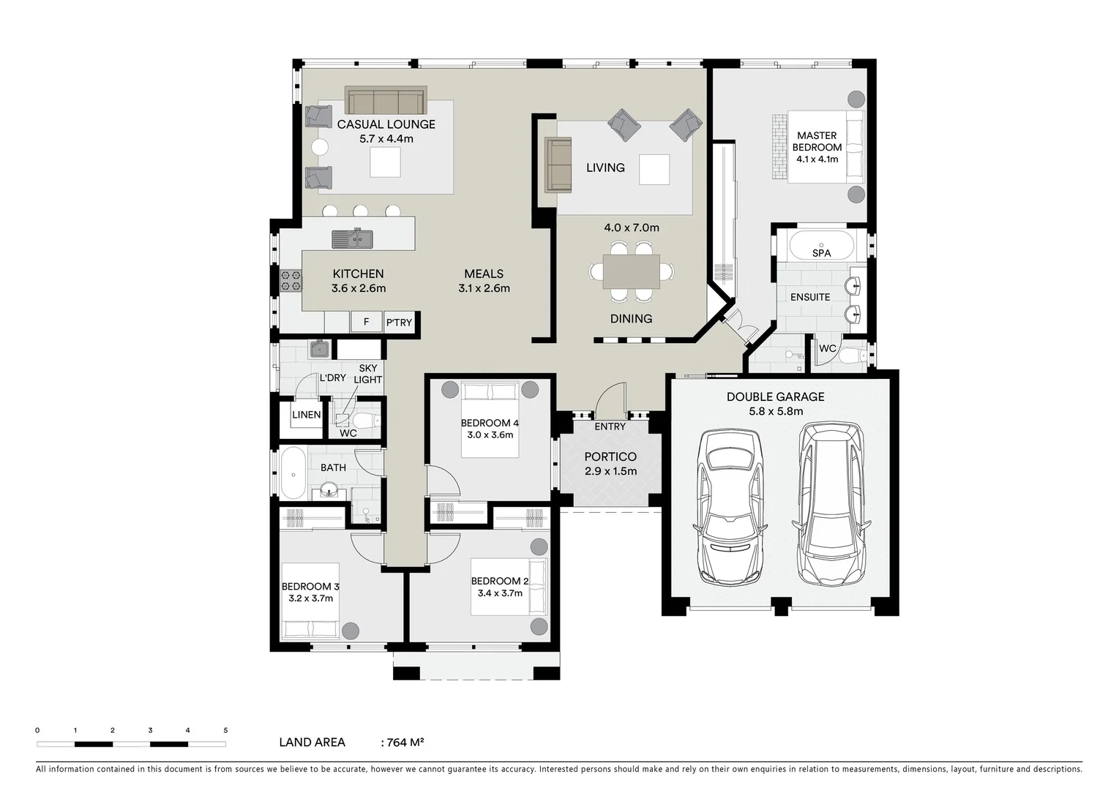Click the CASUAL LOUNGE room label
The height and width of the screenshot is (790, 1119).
[x=386, y=124]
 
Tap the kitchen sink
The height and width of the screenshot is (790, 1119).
[x=352, y=238]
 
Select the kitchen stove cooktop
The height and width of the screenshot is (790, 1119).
[x=291, y=280]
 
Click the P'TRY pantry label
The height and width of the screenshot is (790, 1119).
[x=399, y=323]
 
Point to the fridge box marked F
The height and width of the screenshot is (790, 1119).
[x=366, y=322]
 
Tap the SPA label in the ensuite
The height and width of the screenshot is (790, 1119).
[x=821, y=253]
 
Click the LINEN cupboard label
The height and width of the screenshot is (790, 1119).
[x=306, y=415]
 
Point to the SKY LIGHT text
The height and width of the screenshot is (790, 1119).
[x=367, y=374]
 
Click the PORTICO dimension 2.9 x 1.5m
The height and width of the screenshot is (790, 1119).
[x=610, y=471]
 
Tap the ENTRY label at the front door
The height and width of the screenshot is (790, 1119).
[x=610, y=426]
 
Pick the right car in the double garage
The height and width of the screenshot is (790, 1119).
[x=831, y=505]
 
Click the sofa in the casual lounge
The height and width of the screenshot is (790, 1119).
[x=386, y=101]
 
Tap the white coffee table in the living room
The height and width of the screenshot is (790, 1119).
[x=654, y=169]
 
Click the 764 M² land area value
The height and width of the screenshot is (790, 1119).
[x=403, y=742]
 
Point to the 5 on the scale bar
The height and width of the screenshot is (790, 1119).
[x=225, y=730]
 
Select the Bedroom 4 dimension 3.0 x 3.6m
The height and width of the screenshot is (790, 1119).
[x=490, y=434]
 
